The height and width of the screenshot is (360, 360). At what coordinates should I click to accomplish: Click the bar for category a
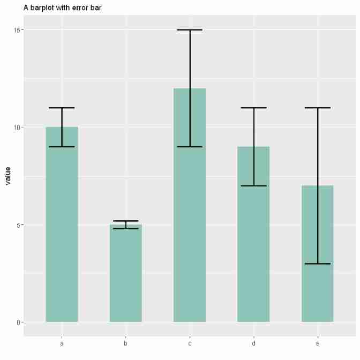(x=62, y=225)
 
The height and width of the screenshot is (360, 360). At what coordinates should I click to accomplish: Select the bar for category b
(x=126, y=273)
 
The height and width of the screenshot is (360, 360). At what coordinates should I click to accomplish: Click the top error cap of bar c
(x=190, y=30)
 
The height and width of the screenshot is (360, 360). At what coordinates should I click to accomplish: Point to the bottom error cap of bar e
(x=318, y=264)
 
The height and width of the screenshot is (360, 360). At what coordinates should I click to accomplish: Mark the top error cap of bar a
(x=62, y=108)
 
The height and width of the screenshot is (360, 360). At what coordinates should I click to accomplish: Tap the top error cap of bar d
(x=253, y=108)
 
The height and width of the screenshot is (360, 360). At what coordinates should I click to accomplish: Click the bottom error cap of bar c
(x=190, y=147)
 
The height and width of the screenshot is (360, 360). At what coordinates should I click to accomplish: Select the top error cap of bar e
(x=318, y=108)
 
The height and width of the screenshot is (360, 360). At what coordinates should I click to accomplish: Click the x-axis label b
(x=126, y=343)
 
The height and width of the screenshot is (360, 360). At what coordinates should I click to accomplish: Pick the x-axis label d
(x=253, y=343)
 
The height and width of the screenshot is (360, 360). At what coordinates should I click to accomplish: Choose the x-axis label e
(x=318, y=343)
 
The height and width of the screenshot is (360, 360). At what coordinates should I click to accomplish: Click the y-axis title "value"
(x=8, y=176)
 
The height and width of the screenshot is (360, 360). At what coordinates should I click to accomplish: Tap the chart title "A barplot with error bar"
(x=63, y=8)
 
